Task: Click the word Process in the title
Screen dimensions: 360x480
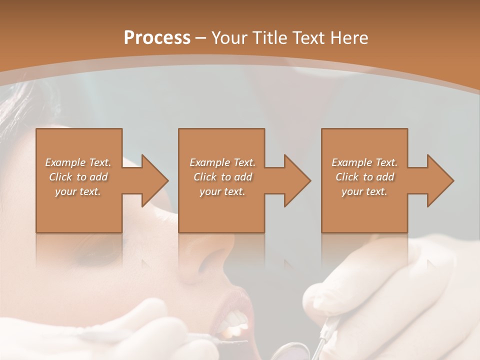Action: [157, 38]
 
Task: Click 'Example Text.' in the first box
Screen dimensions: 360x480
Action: [78, 162]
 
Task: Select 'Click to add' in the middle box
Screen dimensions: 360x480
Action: [222, 177]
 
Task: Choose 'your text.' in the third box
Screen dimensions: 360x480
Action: [364, 191]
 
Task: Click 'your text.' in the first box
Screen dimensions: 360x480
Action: [78, 191]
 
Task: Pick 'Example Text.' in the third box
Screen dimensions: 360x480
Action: [364, 162]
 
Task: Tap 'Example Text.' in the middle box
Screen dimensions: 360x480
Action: [222, 162]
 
